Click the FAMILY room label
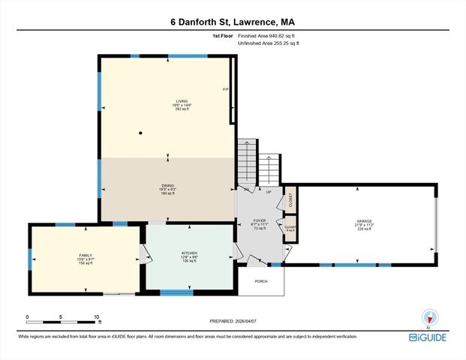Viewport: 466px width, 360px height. pos(86,259)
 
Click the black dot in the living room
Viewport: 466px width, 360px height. pos(140,133)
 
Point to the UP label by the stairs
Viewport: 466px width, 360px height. pos(268,192)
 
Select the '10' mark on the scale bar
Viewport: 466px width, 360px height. pos(97,316)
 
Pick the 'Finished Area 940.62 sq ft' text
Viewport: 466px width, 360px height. pos(268,35)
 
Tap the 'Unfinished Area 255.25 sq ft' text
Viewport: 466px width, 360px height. pos(268,43)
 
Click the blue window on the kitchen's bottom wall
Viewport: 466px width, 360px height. pos(177,292)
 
